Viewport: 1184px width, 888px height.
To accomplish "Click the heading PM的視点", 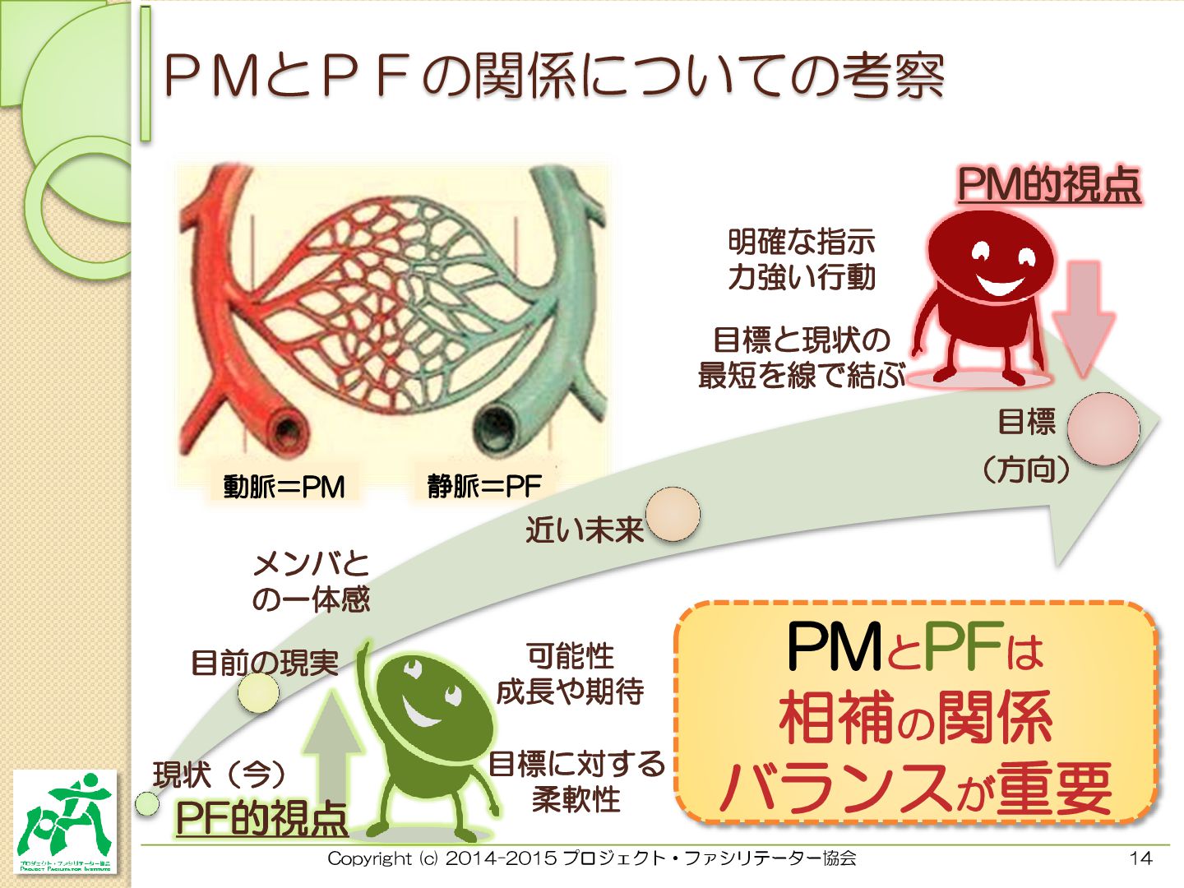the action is pos(1049,184).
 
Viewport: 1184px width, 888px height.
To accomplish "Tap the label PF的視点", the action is pos(261,817).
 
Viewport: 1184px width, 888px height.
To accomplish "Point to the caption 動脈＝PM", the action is pos(284,487).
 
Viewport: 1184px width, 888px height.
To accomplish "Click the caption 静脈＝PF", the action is pos(483,486).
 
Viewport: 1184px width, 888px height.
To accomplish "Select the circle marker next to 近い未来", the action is pos(673,514).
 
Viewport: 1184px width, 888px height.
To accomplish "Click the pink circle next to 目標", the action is pos(1103,428).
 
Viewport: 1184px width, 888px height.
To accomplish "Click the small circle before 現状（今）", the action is pos(146,803).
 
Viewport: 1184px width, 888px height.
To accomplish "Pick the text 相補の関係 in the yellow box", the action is pos(915,718).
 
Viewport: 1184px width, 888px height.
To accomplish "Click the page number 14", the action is pos(1140,858).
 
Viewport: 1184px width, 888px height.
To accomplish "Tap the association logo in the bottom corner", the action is pos(66,821).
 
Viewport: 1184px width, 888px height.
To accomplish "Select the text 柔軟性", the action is pos(576,798).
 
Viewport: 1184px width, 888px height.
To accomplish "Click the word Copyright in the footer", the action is pos(369,858).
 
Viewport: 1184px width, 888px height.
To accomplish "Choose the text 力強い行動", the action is pos(801,277).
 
